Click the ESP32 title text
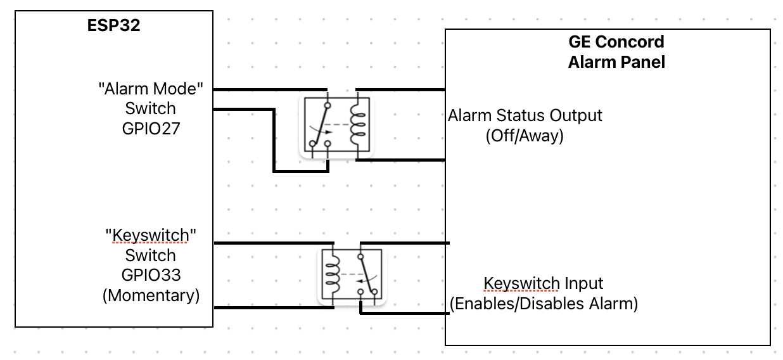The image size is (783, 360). click(113, 27)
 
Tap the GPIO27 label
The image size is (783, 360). click(151, 129)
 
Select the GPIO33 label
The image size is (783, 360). click(151, 275)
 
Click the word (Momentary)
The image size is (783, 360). click(151, 295)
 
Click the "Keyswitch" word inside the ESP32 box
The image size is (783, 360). click(151, 236)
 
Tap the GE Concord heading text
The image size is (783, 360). click(616, 42)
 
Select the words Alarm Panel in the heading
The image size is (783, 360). click(616, 62)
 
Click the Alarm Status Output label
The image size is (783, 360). click(525, 116)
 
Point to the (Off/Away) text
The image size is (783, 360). click(525, 136)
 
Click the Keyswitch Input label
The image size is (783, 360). click(543, 283)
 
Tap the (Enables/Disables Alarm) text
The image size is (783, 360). click(543, 304)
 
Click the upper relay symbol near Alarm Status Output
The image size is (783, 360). click(337, 127)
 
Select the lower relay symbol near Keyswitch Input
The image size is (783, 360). click(352, 276)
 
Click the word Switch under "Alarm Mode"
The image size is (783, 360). click(151, 108)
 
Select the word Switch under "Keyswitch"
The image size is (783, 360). click(151, 255)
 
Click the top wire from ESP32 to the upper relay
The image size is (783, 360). click(269, 89)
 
